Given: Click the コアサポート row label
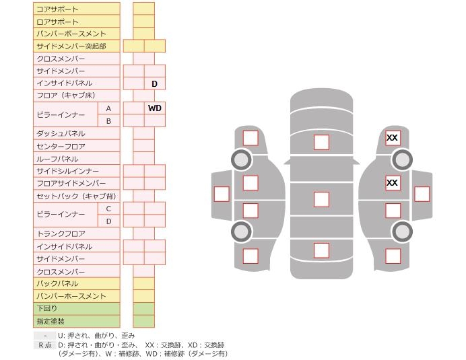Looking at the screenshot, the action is pyautogui.click(x=57, y=9).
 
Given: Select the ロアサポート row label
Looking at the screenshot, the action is pyautogui.click(x=57, y=22).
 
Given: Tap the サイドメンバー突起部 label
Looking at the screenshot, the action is pyautogui.click(x=71, y=46).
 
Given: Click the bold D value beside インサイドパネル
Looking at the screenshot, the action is pyautogui.click(x=154, y=84).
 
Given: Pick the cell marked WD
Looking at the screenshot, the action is pyautogui.click(x=154, y=108).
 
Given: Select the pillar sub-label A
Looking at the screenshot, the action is pyautogui.click(x=108, y=109).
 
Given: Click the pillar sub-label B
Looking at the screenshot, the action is pyautogui.click(x=108, y=121).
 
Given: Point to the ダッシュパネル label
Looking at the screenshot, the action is pyautogui.click(x=61, y=133).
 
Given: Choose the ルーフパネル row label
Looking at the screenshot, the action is pyautogui.click(x=57, y=159).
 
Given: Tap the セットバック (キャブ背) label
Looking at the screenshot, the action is pyautogui.click(x=76, y=196).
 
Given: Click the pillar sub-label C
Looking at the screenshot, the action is pyautogui.click(x=108, y=209).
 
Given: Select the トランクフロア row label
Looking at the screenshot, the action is pyautogui.click(x=61, y=233).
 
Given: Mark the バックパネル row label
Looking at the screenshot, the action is pyautogui.click(x=57, y=283).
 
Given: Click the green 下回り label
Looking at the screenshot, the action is pyautogui.click(x=46, y=308).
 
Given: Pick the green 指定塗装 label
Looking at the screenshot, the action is pyautogui.click(x=51, y=321).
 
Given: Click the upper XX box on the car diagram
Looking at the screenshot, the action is pyautogui.click(x=393, y=138).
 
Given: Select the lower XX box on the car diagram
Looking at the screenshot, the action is pyautogui.click(x=393, y=182).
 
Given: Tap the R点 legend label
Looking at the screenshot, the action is pyautogui.click(x=45, y=345).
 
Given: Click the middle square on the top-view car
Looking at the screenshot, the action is pyautogui.click(x=321, y=199).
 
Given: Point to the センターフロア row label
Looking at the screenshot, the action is pyautogui.click(x=61, y=147).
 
